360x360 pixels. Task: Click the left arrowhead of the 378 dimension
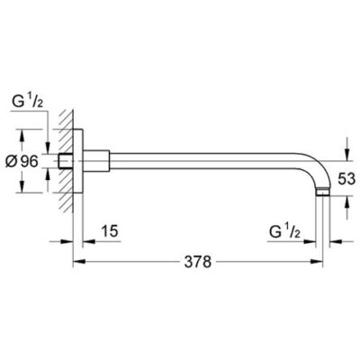coord(76,263)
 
